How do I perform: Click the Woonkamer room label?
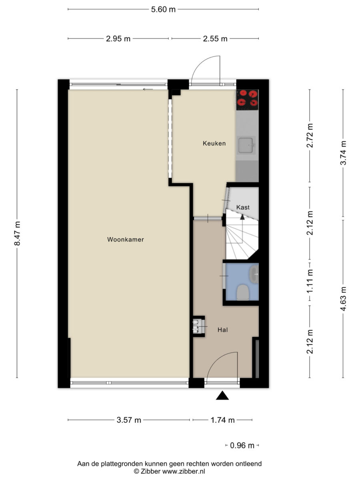click(125, 240)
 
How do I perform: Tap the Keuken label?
click(214, 144)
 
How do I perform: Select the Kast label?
click(243, 207)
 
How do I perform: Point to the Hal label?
click(222, 330)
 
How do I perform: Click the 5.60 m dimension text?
click(163, 10)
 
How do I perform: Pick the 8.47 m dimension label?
click(17, 233)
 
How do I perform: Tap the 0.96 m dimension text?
click(242, 446)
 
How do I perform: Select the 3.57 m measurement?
click(129, 420)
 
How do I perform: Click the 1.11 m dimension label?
click(310, 281)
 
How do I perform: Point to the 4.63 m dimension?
click(343, 298)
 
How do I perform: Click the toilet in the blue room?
click(243, 292)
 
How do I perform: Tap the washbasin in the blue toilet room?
click(254, 274)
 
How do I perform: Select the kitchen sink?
click(246, 145)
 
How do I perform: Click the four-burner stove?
click(248, 100)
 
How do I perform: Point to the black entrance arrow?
click(222, 395)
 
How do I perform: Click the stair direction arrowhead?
click(242, 217)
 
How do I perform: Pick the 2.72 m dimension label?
click(310, 136)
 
